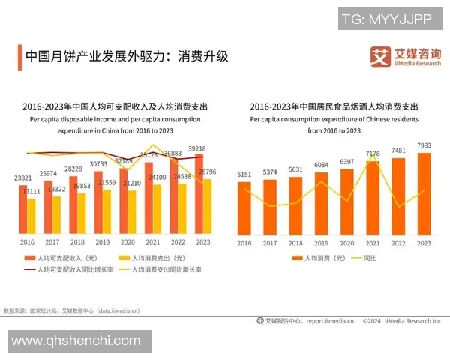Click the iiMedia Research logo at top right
click(x=406, y=56)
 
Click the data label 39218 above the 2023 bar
click(x=197, y=148)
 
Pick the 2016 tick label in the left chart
click(x=27, y=242)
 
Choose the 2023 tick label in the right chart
click(x=424, y=242)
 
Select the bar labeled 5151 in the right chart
click(x=244, y=208)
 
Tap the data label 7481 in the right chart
click(x=398, y=151)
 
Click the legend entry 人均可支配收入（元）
click(x=64, y=258)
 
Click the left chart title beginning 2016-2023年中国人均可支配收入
click(x=113, y=106)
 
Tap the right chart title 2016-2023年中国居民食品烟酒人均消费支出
click(x=334, y=106)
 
